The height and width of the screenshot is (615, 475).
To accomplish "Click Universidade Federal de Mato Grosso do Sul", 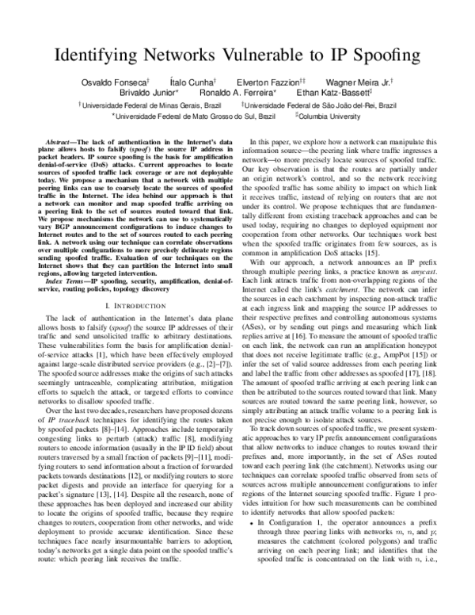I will pyautogui.click(x=198, y=114).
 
